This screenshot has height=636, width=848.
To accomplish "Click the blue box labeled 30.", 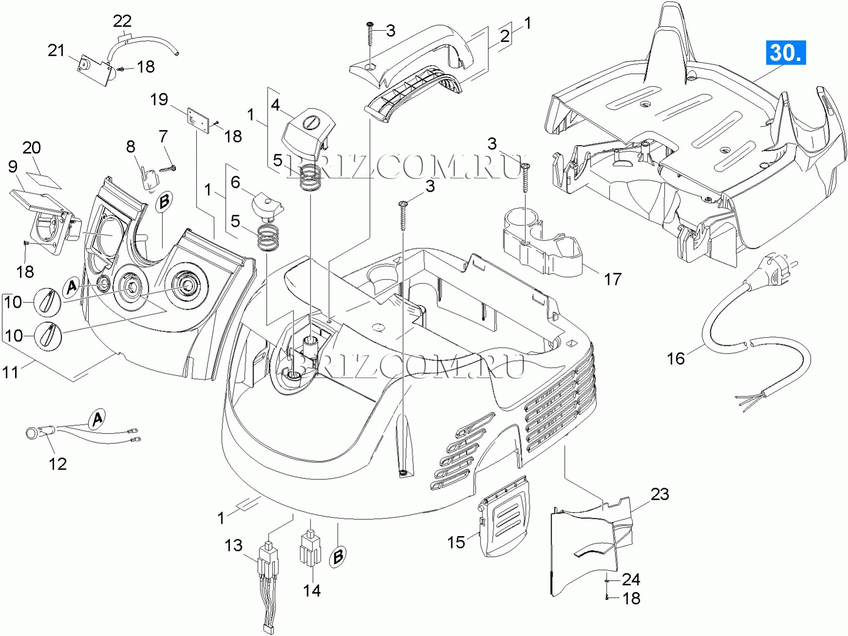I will [x=786, y=53].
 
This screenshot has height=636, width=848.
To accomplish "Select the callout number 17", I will [x=613, y=279].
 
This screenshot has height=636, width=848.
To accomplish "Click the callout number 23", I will [x=660, y=494].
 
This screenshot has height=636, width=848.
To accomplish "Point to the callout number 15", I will [x=456, y=542].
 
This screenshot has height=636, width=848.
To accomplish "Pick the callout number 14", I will [x=312, y=590].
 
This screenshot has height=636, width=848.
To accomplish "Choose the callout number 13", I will [x=234, y=545].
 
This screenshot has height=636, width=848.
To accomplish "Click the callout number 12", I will [x=57, y=464].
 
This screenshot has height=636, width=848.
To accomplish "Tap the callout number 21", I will [x=56, y=50].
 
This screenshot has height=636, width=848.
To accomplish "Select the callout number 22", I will [x=122, y=21].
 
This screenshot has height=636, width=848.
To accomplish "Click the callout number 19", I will [x=159, y=99].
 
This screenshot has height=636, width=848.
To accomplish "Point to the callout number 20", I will [x=32, y=148].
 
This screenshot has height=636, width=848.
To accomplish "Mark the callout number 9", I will [x=13, y=167].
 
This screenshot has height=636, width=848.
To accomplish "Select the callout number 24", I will [x=631, y=579].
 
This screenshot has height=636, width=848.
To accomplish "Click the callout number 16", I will [x=676, y=358].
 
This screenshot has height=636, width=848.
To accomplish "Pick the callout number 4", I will [x=276, y=105].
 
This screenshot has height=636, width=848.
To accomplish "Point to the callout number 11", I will [x=11, y=373].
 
